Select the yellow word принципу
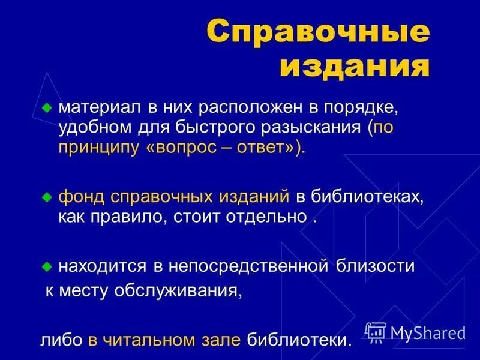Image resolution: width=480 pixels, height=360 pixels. (99, 148)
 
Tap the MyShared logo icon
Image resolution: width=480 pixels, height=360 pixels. (376, 332)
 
